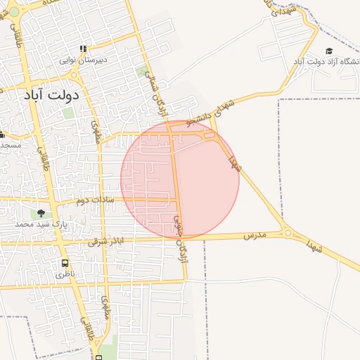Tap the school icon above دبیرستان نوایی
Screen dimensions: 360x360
click(83, 49)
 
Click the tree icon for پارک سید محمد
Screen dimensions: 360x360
click(41, 213)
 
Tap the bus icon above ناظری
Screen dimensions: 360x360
click(65, 264)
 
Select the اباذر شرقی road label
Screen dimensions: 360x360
click(105, 241)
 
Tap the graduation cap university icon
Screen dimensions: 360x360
click(329, 51)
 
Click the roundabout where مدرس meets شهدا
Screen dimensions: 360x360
click(288, 233)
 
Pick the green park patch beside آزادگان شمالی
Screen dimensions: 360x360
click(143, 71)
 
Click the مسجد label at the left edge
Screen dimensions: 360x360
click(10, 145)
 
